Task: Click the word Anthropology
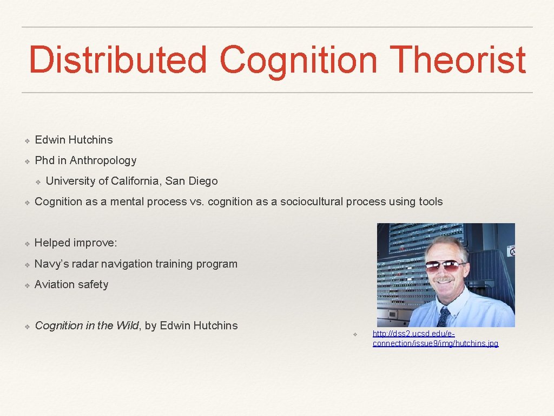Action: pos(103,160)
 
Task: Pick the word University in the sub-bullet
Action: pos(70,181)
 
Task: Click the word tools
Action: pos(430,202)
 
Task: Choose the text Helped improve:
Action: pos(76,243)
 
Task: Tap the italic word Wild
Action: pos(128,326)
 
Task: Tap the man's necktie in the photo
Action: pos(444,317)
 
